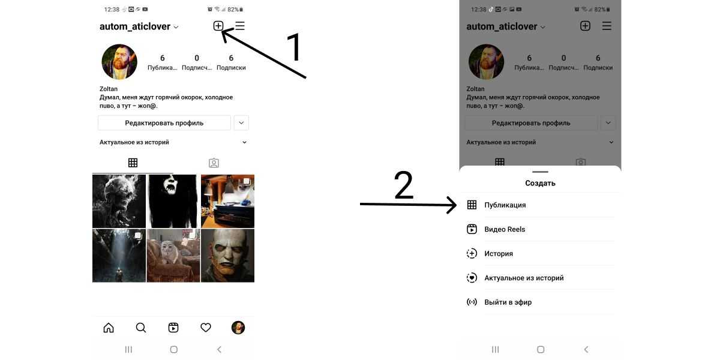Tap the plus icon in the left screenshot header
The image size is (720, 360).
point(218,26)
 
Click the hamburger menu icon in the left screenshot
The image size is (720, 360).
point(240,26)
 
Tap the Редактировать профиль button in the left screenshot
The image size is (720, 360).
point(164,123)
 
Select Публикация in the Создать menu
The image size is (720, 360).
point(505,205)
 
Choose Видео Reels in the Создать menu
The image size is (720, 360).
point(505,229)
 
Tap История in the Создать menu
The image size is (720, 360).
point(499,254)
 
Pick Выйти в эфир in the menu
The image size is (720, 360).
point(508,302)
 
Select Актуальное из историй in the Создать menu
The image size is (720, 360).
point(524,278)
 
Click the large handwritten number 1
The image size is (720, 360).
point(294,47)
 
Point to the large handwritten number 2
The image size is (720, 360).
point(403,185)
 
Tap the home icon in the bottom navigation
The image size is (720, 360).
point(109,328)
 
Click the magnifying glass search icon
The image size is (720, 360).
point(141,328)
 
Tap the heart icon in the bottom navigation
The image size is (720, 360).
point(206,328)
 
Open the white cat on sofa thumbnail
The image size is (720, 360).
point(173,256)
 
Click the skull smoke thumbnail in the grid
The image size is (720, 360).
point(119,201)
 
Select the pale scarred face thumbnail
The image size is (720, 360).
point(227,256)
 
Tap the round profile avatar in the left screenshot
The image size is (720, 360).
point(119,62)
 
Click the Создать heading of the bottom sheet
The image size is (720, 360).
point(540,183)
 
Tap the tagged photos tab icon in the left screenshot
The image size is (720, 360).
point(214,163)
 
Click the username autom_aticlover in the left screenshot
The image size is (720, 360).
point(134,26)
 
